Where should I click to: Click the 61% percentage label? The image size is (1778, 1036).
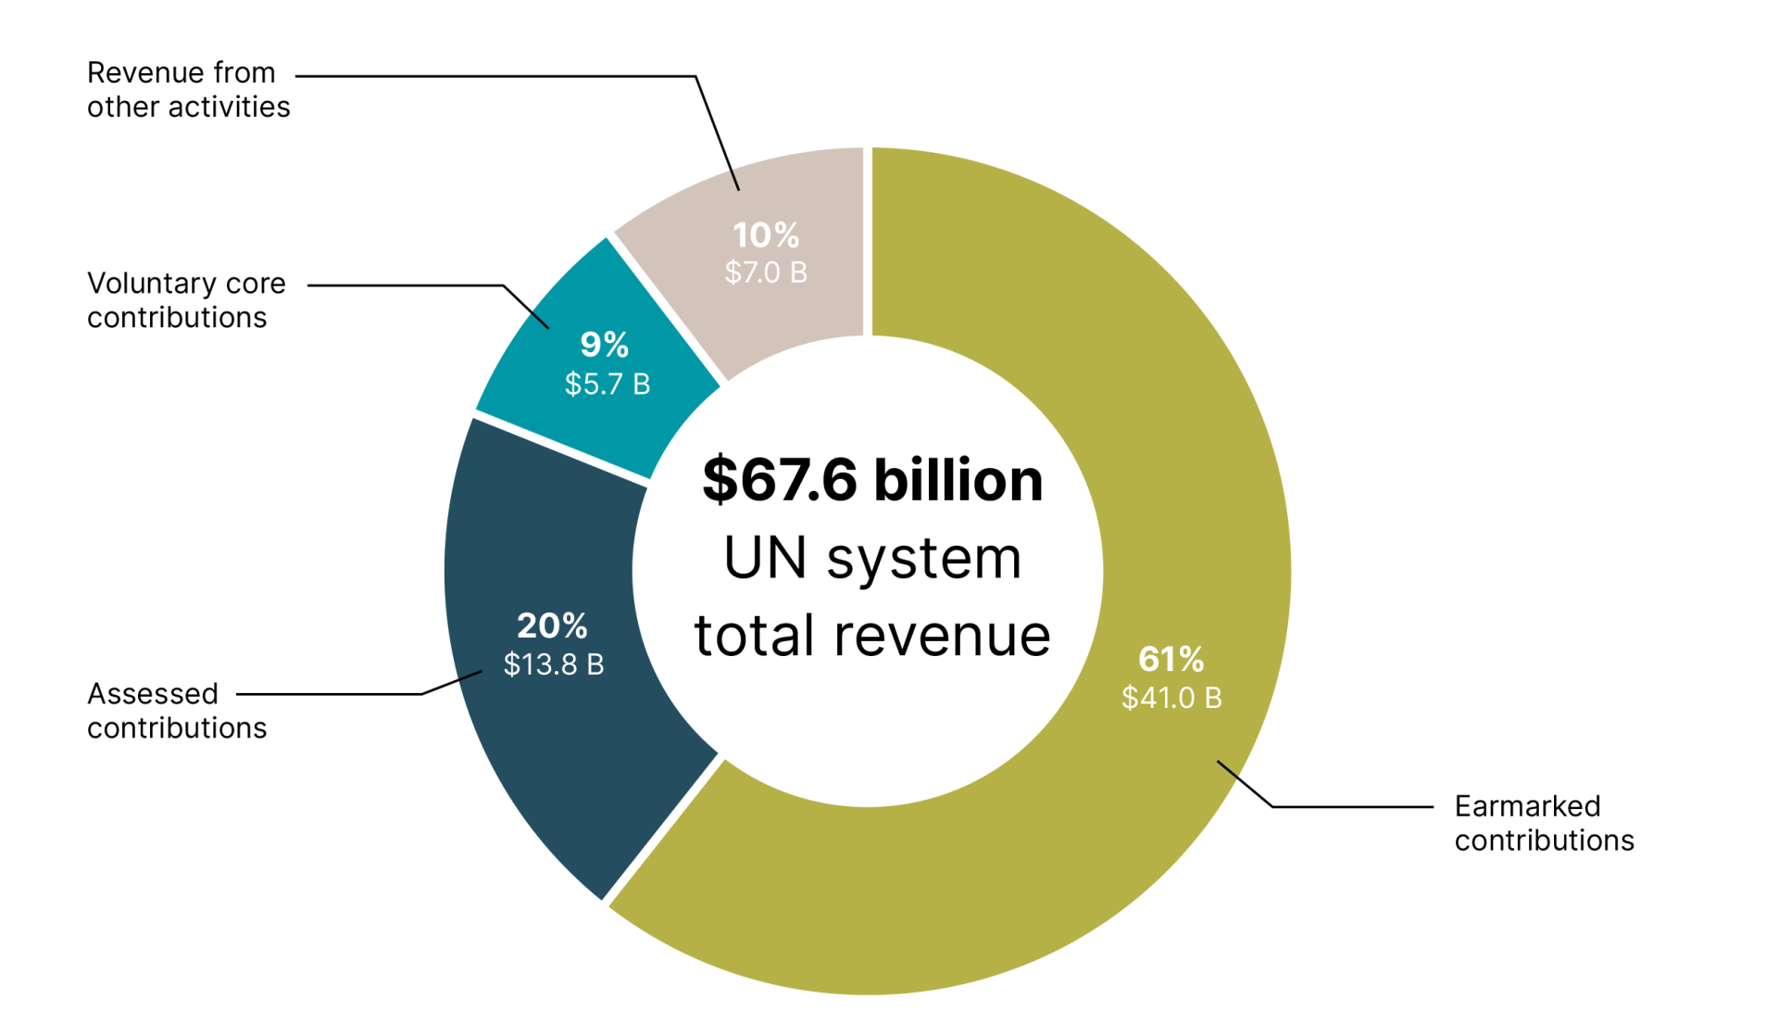[1171, 659]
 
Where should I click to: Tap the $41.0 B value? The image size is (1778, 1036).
[1171, 698]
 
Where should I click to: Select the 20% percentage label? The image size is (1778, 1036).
[552, 625]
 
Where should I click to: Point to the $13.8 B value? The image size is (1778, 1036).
[554, 664]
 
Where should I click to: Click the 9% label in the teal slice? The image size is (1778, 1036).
[605, 345]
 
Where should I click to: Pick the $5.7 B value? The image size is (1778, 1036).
[607, 384]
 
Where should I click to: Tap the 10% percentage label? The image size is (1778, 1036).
[766, 234]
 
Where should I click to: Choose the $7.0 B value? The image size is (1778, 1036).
[766, 272]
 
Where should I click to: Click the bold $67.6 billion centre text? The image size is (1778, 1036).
[872, 480]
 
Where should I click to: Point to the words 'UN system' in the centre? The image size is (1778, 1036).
[872, 559]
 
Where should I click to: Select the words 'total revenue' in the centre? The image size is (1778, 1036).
[872, 636]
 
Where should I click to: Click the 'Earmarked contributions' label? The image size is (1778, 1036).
[1544, 823]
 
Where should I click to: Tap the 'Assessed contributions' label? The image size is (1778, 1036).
[177, 711]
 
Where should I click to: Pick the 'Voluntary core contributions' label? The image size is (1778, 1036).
[186, 300]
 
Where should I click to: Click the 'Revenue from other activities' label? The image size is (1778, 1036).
[188, 90]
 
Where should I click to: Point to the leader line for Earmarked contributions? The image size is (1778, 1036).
[1352, 807]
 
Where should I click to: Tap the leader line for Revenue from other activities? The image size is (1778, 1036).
[500, 76]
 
